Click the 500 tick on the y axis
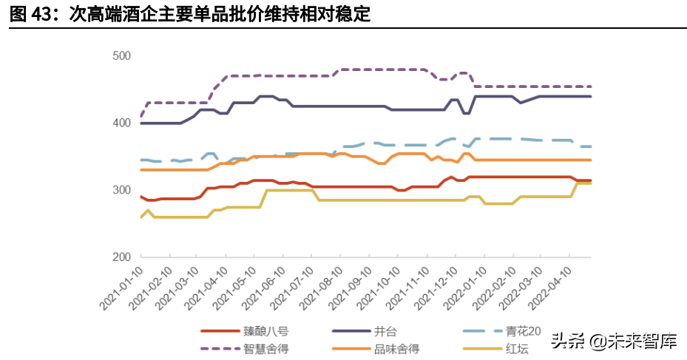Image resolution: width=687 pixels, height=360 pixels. click(x=121, y=55)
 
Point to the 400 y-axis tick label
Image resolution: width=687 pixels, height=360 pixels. click(x=121, y=123)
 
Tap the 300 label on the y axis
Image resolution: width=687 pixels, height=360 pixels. click(x=121, y=190)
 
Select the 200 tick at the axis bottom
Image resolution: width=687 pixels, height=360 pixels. click(x=121, y=257)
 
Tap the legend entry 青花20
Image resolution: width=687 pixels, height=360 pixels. click(x=527, y=331)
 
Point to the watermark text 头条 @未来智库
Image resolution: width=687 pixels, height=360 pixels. click(x=613, y=341)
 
